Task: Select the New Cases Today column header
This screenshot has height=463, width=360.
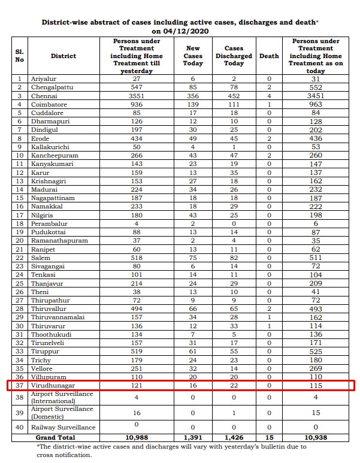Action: (193, 56)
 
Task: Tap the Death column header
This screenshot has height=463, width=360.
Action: (269, 56)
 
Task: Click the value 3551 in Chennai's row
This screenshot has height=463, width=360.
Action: (137, 95)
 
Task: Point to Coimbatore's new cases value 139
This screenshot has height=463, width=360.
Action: (193, 104)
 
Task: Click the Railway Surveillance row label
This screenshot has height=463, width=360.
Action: (64, 427)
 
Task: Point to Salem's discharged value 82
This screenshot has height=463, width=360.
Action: (234, 257)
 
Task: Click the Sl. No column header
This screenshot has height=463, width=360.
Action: (19, 56)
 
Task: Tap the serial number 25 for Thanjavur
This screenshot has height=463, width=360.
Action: (20, 283)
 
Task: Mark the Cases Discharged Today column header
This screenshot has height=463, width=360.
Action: (234, 56)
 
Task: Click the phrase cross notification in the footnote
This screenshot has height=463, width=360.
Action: (65, 455)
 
